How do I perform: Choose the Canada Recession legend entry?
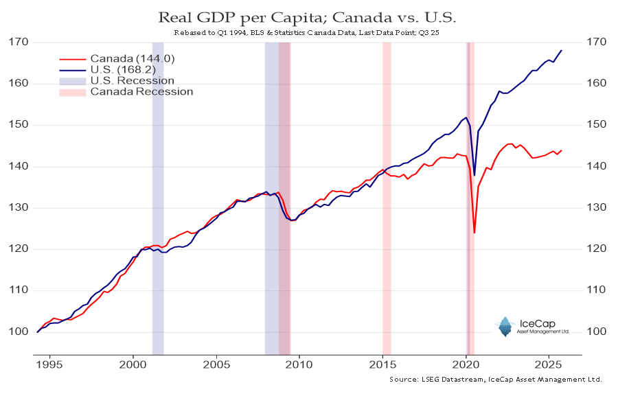click(x=141, y=91)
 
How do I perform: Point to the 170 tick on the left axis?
click(x=19, y=42)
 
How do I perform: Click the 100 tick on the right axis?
click(x=595, y=332)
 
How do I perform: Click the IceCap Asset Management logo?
click(x=525, y=327)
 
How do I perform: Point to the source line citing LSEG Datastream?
click(x=495, y=379)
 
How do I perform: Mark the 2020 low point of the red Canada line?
click(x=474, y=233)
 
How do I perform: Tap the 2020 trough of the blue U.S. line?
click(x=474, y=176)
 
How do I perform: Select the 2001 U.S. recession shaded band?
click(x=158, y=199)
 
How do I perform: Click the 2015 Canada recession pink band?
click(x=387, y=199)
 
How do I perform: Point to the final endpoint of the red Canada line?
click(x=562, y=150)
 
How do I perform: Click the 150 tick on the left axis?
click(x=19, y=125)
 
